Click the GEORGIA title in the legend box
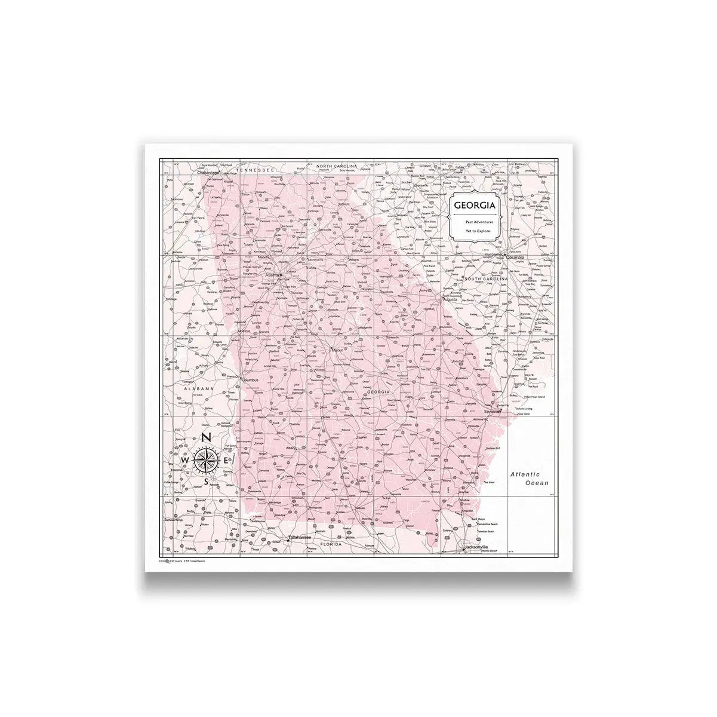[475, 206]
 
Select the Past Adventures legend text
[476, 222]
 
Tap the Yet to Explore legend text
[476, 231]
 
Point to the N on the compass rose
[205, 437]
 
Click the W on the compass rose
[185, 461]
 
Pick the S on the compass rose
[206, 482]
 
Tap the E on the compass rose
[226, 460]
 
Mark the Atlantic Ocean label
[529, 477]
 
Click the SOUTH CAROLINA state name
[486, 279]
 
